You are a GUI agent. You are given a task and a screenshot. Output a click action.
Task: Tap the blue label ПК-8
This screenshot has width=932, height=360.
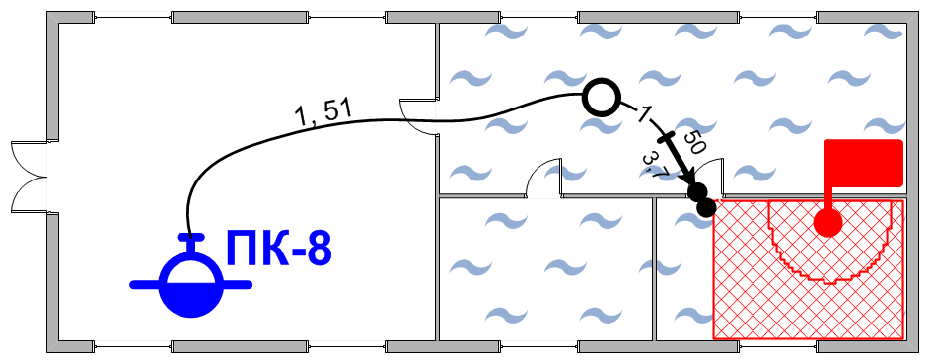tap(277, 249)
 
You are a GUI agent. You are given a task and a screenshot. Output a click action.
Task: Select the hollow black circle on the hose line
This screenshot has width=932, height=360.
tap(602, 98)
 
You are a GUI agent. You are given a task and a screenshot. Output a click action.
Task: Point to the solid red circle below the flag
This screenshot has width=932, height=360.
tap(828, 222)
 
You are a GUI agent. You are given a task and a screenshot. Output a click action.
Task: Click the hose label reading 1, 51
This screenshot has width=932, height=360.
tap(324, 112)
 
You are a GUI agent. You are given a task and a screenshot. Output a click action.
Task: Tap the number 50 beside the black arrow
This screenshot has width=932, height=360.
tap(693, 143)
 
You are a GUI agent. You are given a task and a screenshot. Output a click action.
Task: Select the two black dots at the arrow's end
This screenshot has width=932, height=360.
tap(702, 199)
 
